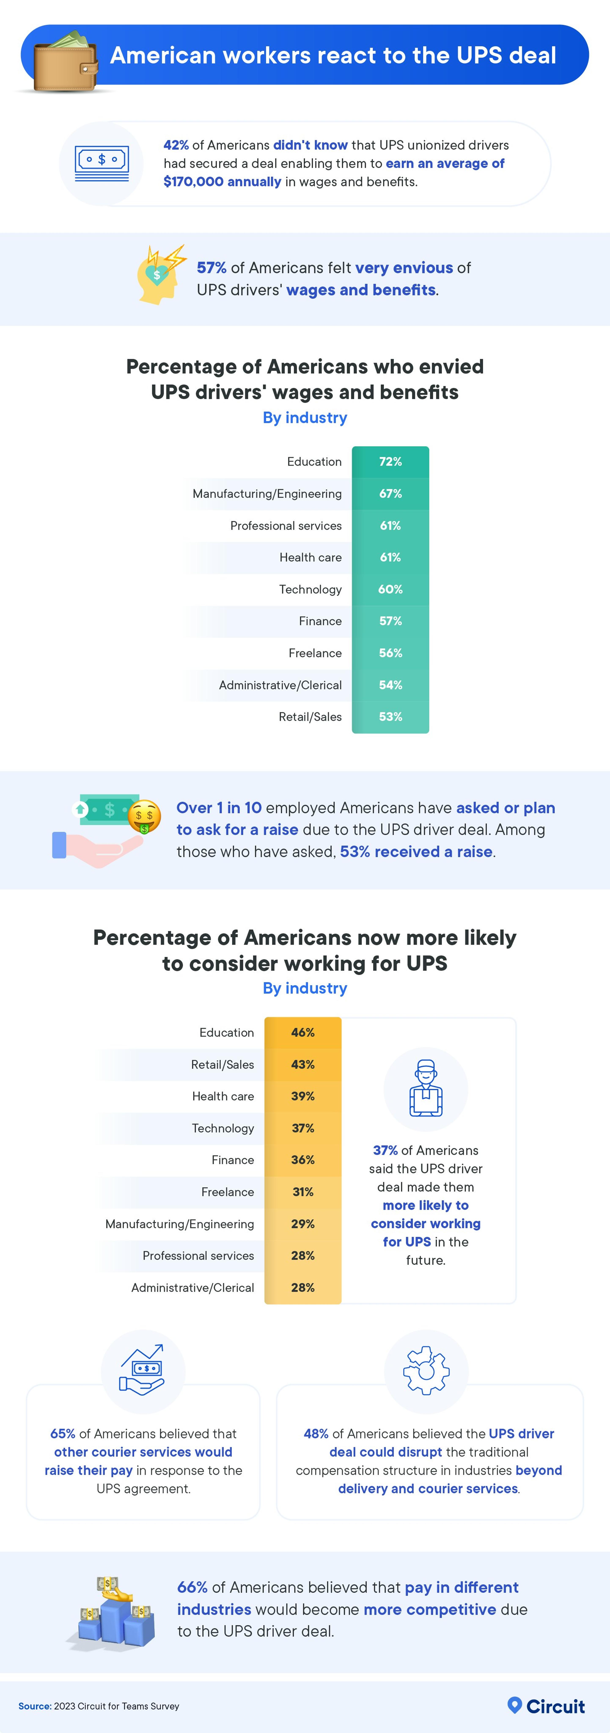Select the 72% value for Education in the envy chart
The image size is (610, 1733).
coord(390,462)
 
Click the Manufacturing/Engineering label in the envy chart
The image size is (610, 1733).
coord(267,494)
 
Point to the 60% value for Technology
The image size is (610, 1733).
coord(390,589)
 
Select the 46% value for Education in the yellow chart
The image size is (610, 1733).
coord(303,1033)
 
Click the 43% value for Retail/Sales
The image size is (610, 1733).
coord(303,1064)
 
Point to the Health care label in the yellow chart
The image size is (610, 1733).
coord(223,1097)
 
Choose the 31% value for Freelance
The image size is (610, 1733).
coord(303,1192)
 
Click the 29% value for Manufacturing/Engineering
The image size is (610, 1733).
coord(303,1224)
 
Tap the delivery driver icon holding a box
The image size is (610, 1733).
coord(426,1088)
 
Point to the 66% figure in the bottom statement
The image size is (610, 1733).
coord(192,1588)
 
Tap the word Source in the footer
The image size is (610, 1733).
coord(34,1706)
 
